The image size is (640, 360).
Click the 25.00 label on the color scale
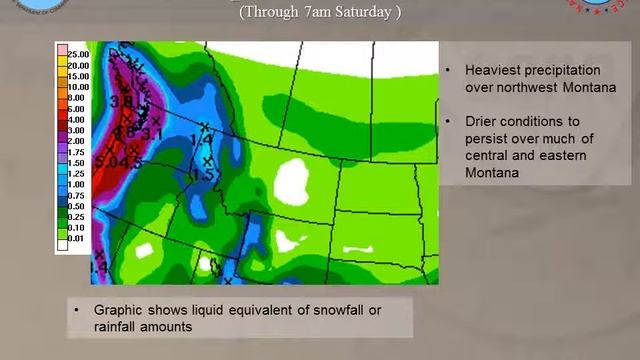(77, 52)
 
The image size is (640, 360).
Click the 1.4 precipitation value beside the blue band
(199, 139)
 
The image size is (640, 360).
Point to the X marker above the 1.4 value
(205, 126)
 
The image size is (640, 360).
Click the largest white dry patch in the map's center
(292, 181)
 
